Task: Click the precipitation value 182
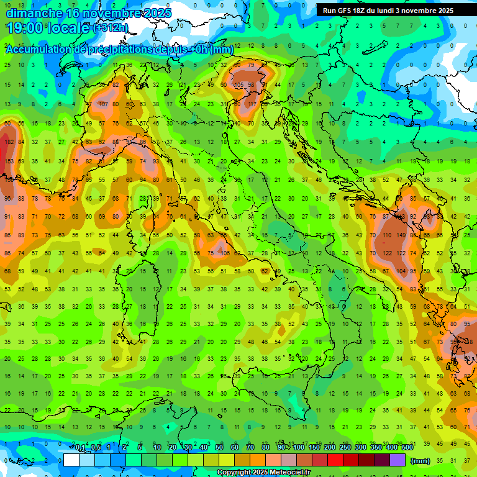9,142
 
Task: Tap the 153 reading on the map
9,161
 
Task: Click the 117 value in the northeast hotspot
252,104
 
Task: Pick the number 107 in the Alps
102,104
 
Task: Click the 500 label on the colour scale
407,447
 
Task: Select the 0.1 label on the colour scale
80,447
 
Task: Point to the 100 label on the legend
299,447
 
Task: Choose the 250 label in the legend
345,447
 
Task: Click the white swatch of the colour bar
71,460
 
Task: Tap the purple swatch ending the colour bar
398,460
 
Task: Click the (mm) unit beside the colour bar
420,461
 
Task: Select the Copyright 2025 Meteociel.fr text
263,473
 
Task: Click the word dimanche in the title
34,13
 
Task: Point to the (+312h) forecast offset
111,28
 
